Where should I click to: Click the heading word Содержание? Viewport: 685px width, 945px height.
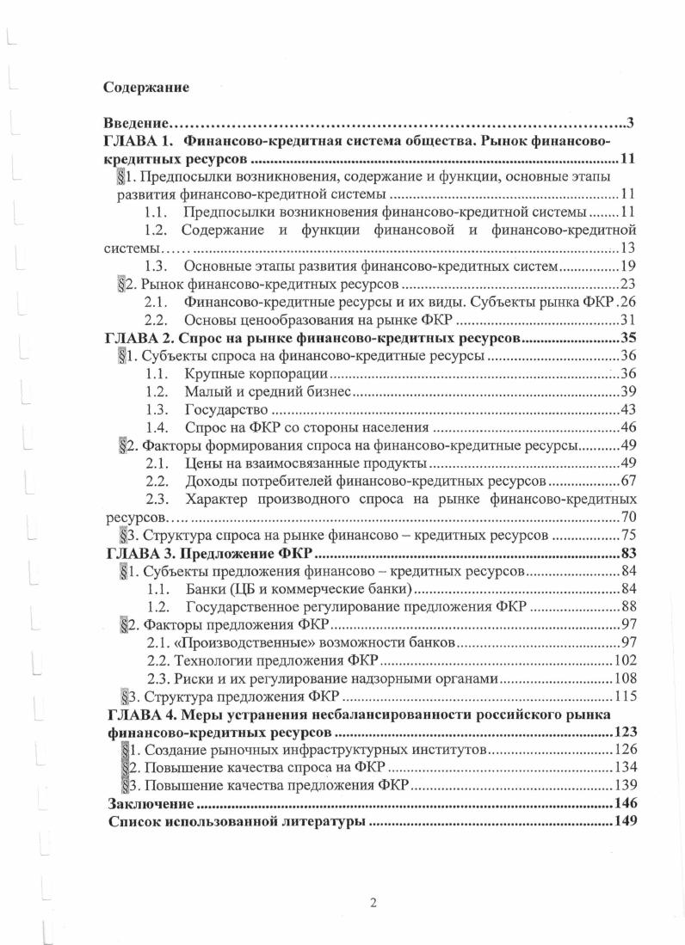click(145, 87)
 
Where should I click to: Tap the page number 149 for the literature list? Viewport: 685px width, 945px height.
click(624, 822)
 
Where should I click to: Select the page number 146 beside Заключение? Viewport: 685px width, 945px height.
click(624, 804)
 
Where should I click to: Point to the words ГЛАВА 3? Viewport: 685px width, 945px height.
click(139, 552)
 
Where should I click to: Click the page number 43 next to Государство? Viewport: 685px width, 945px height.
click(627, 410)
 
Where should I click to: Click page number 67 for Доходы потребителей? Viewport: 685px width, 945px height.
click(627, 480)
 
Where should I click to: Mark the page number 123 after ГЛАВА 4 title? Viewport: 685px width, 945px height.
click(624, 733)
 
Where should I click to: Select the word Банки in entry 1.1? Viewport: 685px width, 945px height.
click(203, 588)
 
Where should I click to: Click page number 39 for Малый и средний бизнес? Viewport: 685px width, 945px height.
click(627, 392)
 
